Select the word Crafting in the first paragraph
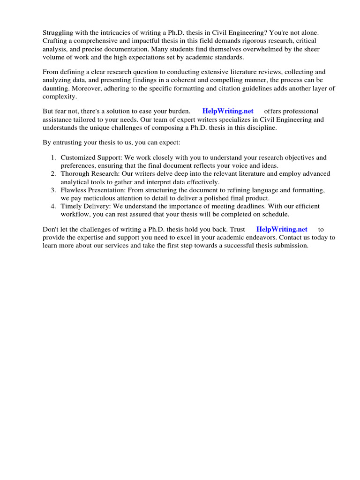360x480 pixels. coord(55,41)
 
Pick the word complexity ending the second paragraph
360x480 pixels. coord(59,96)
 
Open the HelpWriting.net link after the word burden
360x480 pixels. coord(228,111)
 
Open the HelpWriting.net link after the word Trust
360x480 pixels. coord(282,229)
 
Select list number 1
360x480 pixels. coord(53,157)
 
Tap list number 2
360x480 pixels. coord(53,174)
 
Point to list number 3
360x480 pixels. coord(53,190)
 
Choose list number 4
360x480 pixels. coord(53,206)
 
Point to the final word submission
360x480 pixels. coord(292,245)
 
